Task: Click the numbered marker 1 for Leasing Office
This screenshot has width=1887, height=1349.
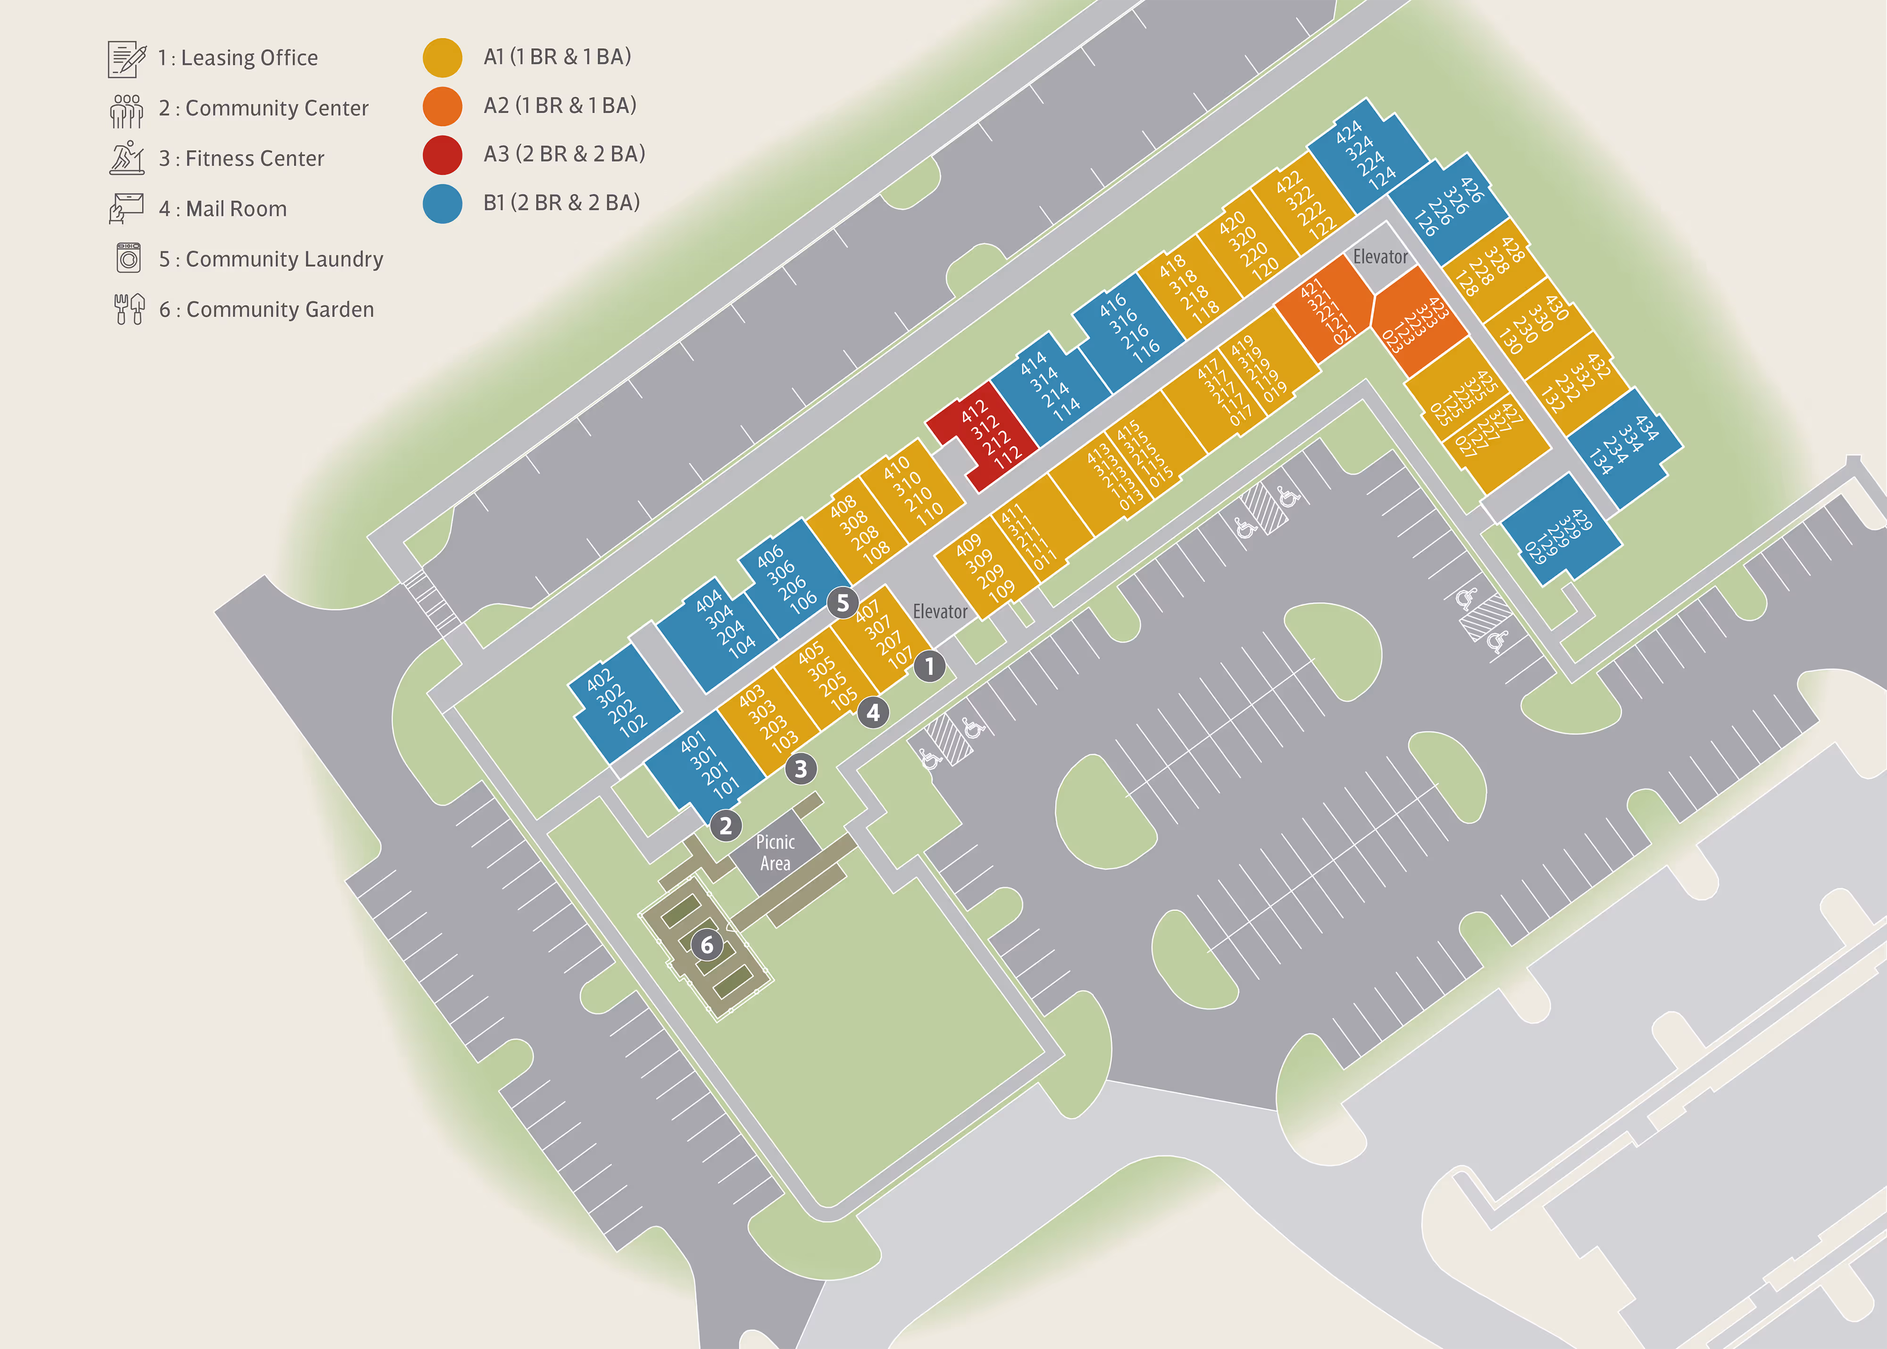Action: coord(929,666)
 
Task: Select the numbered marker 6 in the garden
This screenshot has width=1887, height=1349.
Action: coord(707,945)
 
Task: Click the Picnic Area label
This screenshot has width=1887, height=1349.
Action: coord(775,852)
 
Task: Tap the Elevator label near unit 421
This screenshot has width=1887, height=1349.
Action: coord(1379,257)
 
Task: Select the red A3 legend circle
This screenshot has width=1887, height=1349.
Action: coord(442,154)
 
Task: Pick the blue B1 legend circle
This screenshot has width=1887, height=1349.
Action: coord(442,203)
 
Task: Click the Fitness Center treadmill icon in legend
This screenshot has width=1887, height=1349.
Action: coord(126,158)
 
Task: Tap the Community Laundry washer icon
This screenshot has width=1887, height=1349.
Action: coord(128,259)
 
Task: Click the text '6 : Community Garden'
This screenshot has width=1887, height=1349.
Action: coord(266,309)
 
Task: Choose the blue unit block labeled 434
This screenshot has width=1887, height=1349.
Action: coord(1624,445)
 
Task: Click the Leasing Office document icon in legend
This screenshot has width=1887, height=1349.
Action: coord(126,58)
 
